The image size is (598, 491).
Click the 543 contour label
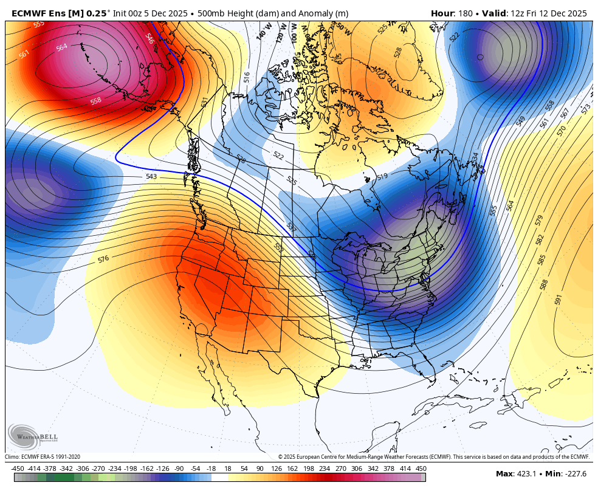tap(151, 176)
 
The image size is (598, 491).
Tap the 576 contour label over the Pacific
tap(103, 259)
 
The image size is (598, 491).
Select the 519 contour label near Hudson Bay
tap(382, 177)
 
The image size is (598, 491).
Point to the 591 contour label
tap(558, 299)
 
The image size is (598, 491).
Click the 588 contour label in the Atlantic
tap(544, 284)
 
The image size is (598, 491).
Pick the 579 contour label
tap(539, 220)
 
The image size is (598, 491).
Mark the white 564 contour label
tap(62, 47)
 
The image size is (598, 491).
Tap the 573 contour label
tap(586, 109)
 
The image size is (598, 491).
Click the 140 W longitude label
tap(263, 33)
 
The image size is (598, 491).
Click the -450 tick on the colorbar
tap(18, 469)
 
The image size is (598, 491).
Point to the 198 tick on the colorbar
tap(308, 469)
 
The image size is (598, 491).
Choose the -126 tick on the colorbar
tap(163, 469)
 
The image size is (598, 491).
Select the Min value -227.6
tap(574, 474)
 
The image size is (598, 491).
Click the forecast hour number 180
tap(466, 13)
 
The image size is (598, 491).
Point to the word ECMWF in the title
tap(29, 13)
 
